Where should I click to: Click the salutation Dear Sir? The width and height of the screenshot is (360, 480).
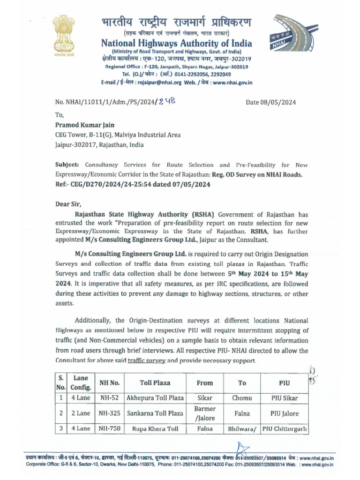point(71,203)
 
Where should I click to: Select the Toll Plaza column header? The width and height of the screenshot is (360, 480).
point(155,382)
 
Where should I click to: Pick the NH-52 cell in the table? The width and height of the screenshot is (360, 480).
point(110,398)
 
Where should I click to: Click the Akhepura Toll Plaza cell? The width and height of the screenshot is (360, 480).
point(155,398)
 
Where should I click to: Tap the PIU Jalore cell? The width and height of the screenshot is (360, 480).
point(285,414)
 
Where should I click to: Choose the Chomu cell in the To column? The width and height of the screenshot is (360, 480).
point(242,398)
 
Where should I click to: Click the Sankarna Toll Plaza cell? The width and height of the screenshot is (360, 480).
point(155,414)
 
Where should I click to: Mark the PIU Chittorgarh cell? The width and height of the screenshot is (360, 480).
point(285,429)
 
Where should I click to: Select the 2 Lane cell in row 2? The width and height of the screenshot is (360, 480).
point(81,414)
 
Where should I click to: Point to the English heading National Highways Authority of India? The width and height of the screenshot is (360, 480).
point(176,44)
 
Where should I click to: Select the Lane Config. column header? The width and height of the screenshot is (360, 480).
point(81,382)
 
